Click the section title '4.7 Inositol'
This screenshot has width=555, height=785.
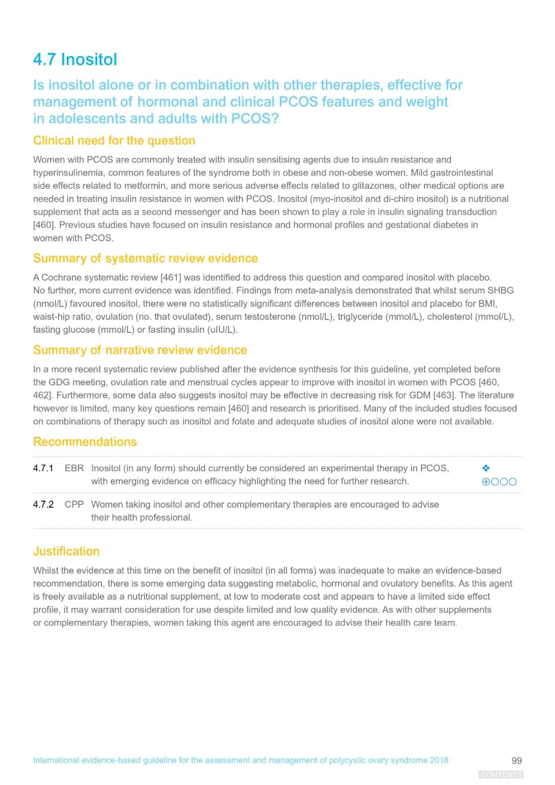(75, 60)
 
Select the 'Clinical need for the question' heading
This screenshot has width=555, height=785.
(114, 140)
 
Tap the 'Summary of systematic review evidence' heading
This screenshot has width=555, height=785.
(145, 258)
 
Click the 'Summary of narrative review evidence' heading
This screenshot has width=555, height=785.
(140, 350)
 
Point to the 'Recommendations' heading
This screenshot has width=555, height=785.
(85, 441)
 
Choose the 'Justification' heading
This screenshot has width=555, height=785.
(66, 551)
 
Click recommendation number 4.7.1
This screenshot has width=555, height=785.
(43, 468)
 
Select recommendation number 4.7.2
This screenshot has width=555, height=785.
(43, 504)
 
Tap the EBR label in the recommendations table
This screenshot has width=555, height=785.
(74, 468)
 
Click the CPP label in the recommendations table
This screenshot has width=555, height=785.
(74, 504)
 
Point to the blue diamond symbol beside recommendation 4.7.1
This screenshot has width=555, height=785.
(486, 468)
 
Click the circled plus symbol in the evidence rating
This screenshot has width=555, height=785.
(486, 482)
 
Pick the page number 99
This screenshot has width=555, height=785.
(516, 760)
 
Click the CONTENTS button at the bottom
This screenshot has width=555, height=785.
(501, 775)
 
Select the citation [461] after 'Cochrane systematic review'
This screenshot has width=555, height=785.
(171, 277)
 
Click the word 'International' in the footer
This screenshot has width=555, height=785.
(56, 760)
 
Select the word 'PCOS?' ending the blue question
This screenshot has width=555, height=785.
(255, 119)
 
